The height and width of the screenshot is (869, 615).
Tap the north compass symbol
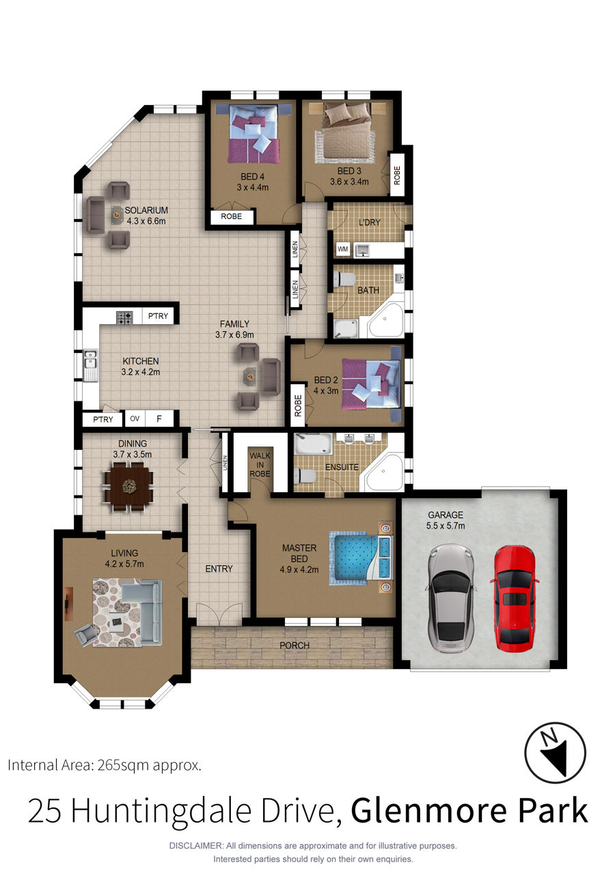555,752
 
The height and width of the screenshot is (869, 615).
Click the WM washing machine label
342,249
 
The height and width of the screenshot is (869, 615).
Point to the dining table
128,486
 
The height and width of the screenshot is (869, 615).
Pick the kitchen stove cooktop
124,318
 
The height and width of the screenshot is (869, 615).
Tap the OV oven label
135,418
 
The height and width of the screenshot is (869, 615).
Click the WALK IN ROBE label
260,464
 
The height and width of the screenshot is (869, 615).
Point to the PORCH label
295,645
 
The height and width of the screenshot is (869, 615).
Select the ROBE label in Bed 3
397,175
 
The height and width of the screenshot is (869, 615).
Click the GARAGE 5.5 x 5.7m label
446,520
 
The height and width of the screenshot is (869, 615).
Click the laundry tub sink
362,251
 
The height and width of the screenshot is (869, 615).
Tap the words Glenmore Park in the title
469,810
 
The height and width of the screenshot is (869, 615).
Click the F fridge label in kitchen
159,418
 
